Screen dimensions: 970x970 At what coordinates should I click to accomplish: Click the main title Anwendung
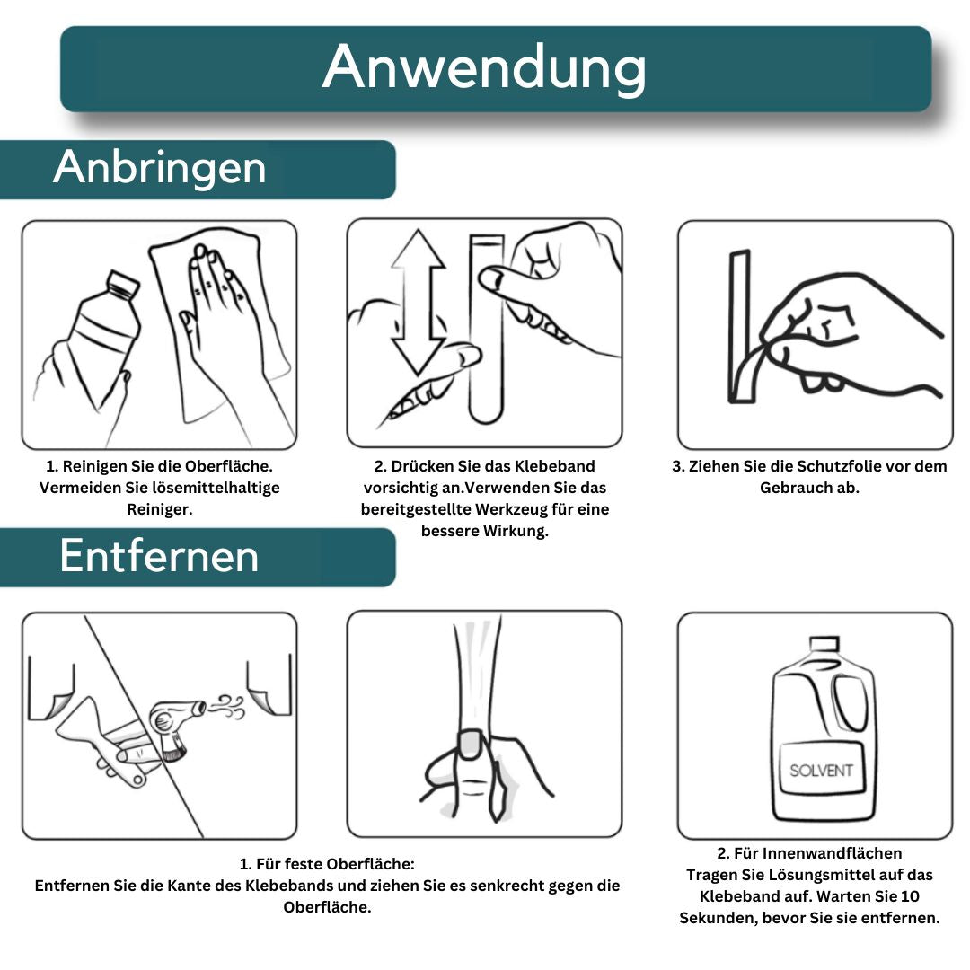(484, 68)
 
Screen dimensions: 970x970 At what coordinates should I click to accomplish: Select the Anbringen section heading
(160, 168)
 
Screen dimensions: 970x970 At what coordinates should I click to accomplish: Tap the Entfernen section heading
(159, 556)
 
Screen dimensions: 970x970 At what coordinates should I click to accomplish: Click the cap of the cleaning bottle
(123, 285)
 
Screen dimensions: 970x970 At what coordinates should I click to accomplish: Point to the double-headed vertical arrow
(419, 301)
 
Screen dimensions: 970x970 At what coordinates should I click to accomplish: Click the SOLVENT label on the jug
(821, 770)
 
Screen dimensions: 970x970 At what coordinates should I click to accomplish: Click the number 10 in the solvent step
(911, 896)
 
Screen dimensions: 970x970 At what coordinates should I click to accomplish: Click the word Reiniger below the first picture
(160, 509)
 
